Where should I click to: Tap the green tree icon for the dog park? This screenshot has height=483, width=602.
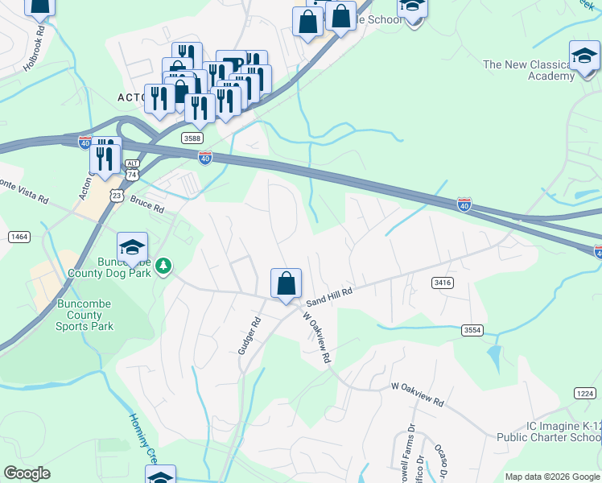pos(163,265)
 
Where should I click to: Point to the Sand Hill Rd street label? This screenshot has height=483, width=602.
pos(331,295)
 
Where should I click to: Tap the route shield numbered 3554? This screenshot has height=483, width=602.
pos(473,330)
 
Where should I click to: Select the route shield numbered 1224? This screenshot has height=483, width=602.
pos(586,392)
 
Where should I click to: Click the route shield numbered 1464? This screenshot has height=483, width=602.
pos(19,236)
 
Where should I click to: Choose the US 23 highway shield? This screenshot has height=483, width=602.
pos(118,195)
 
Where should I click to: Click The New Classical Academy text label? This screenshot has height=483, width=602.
pos(528,70)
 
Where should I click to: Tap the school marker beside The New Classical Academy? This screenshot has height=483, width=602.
pos(584,56)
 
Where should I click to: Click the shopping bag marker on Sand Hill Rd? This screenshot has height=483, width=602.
pos(286,284)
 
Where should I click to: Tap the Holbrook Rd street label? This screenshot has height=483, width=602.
pos(35,50)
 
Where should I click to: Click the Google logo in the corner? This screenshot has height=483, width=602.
pos(27,473)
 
